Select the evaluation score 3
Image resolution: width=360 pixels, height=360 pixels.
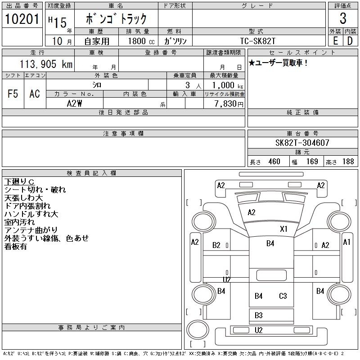[343, 19]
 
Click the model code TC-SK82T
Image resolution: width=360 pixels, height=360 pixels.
[258, 41]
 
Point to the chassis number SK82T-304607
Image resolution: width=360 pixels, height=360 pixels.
[302, 143]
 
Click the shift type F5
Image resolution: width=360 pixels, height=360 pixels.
[13, 94]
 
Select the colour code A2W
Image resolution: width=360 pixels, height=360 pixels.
[74, 103]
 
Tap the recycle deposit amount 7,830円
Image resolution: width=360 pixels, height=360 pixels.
[225, 103]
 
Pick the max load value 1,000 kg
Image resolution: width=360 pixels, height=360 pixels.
[225, 85]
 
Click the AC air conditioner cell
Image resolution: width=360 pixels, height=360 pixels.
[35, 94]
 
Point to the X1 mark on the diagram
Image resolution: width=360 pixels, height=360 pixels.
[283, 229]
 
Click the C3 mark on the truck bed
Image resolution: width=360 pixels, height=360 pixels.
[283, 296]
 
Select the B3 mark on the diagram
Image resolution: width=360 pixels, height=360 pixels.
[258, 315]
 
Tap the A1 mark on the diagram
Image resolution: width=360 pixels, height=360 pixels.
[346, 242]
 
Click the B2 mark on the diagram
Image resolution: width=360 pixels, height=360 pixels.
[216, 245]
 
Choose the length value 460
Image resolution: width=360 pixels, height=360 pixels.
[274, 162]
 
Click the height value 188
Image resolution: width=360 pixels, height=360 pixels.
[348, 162]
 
